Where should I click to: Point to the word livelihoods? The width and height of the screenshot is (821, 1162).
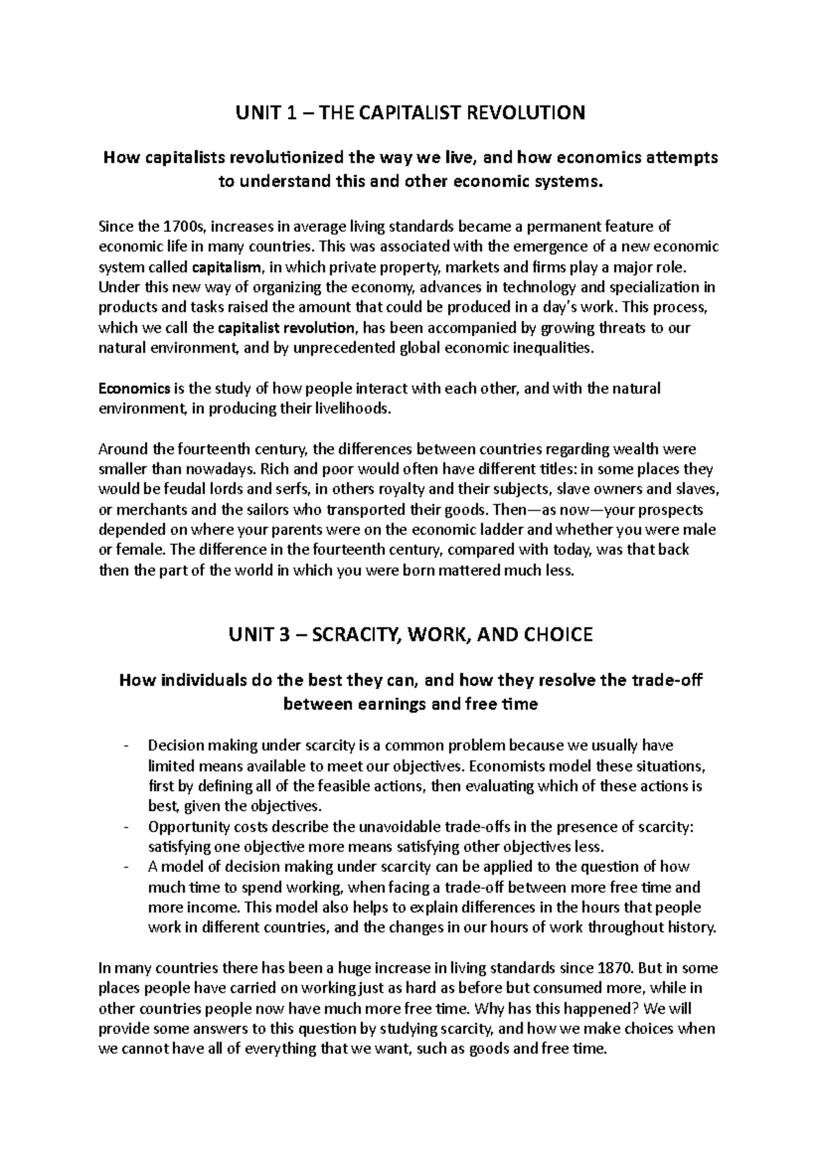(x=352, y=409)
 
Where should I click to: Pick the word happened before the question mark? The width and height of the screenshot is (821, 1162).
(x=605, y=1008)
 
